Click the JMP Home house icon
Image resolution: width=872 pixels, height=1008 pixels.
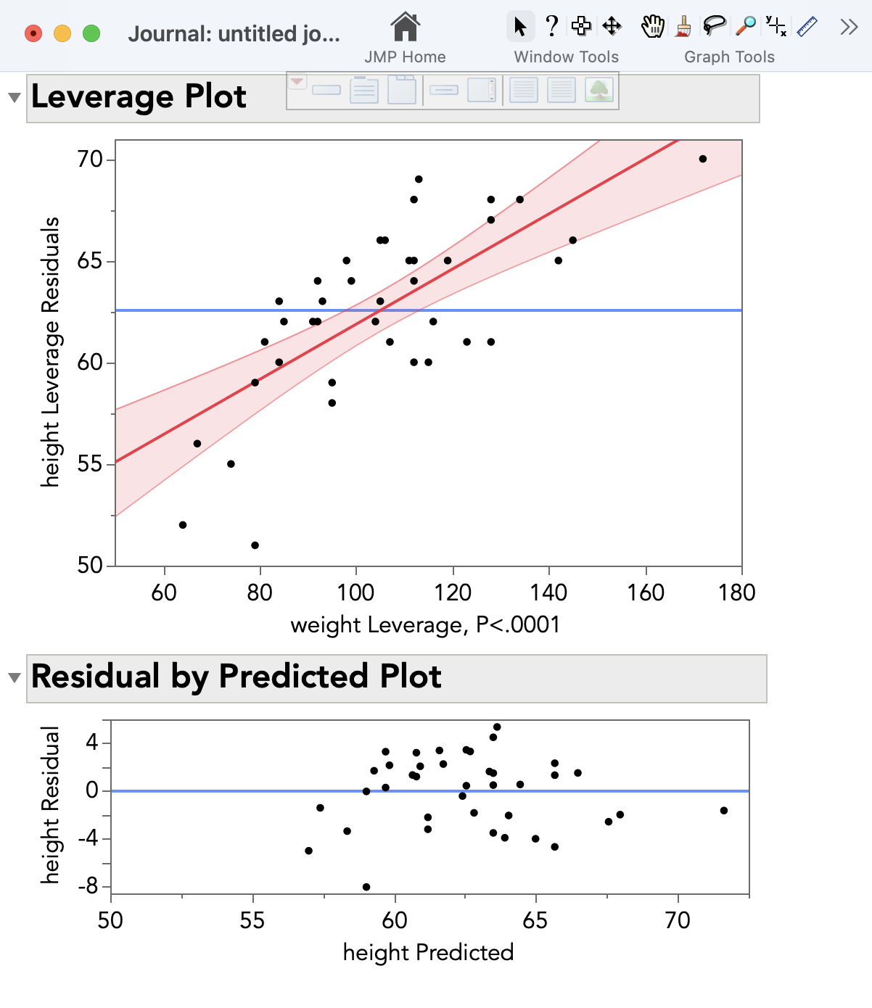click(x=405, y=28)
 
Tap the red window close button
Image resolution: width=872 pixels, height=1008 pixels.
click(x=33, y=33)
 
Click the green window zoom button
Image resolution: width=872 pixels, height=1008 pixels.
click(x=91, y=33)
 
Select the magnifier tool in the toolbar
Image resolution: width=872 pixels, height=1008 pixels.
click(x=746, y=26)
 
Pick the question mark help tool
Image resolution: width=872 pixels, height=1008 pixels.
click(x=552, y=26)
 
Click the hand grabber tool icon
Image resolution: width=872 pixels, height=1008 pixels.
click(x=652, y=26)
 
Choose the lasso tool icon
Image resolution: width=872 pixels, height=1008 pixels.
click(x=715, y=26)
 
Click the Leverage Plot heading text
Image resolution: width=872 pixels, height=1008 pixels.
click(x=139, y=96)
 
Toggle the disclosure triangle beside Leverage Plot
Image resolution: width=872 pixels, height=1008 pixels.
click(x=14, y=98)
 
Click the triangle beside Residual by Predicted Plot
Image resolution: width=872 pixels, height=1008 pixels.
click(x=14, y=678)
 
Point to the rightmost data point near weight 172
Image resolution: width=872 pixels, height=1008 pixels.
click(x=703, y=159)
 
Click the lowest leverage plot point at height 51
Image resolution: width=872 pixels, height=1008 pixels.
click(x=255, y=545)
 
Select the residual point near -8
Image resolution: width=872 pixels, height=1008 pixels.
click(x=366, y=887)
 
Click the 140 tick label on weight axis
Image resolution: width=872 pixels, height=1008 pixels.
click(x=549, y=592)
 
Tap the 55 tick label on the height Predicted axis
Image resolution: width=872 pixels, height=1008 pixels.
click(x=252, y=920)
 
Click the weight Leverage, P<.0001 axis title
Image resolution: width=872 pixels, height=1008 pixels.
click(x=425, y=624)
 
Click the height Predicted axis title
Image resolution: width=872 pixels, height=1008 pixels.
click(x=428, y=952)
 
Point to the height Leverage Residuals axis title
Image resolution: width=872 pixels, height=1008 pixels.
click(x=49, y=352)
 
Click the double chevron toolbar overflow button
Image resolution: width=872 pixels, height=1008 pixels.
click(x=849, y=28)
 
